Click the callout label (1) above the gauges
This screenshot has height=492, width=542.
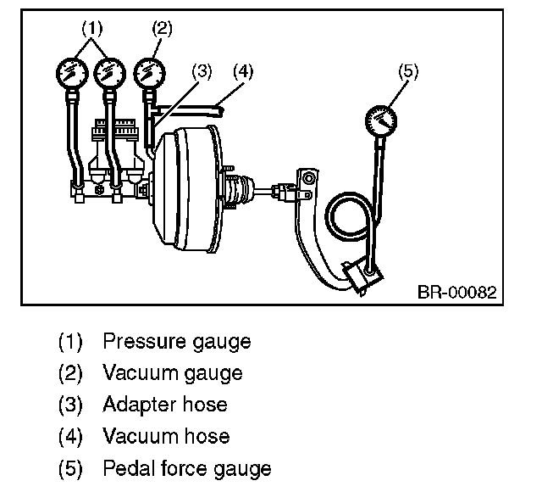pos(92,27)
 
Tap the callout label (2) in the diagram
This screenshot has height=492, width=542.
pos(161,27)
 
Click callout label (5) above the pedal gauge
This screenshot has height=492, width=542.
pos(408,71)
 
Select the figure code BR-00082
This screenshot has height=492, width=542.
pos(455,293)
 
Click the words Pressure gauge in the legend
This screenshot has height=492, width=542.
pos(176,342)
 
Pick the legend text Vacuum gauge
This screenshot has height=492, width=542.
pos(172,372)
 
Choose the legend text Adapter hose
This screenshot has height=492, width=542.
pos(164,404)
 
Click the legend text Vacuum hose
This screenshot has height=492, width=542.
pos(165,436)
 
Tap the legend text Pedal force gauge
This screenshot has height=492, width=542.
pos(186,467)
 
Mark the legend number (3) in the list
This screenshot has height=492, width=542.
pos(70,405)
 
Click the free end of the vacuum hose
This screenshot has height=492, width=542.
pos(222,108)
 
